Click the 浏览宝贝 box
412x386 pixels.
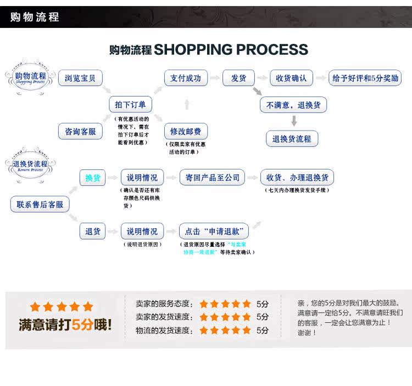pos(80,78)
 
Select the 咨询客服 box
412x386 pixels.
pos(80,132)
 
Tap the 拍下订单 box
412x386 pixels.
pos(131,105)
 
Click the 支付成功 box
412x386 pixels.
pos(186,78)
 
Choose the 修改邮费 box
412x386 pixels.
pos(186,132)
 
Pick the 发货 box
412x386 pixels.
pos(238,78)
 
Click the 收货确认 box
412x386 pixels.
pos(291,78)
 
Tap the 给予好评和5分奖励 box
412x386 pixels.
pos(365,78)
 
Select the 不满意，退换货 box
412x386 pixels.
pos(293,105)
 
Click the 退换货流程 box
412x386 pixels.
pos(292,139)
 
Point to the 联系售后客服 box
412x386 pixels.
pos(40,205)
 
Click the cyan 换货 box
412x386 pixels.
pos(93,178)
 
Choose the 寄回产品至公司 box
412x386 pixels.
pos(211,178)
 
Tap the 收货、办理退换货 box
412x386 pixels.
pos(297,178)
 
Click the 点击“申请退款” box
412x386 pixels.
pos(214,231)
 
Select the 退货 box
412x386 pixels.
pos(93,231)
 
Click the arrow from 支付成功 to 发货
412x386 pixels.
pos(214,78)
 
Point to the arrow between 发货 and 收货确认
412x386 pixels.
pos(263,78)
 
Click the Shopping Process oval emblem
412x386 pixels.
pos(31,79)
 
